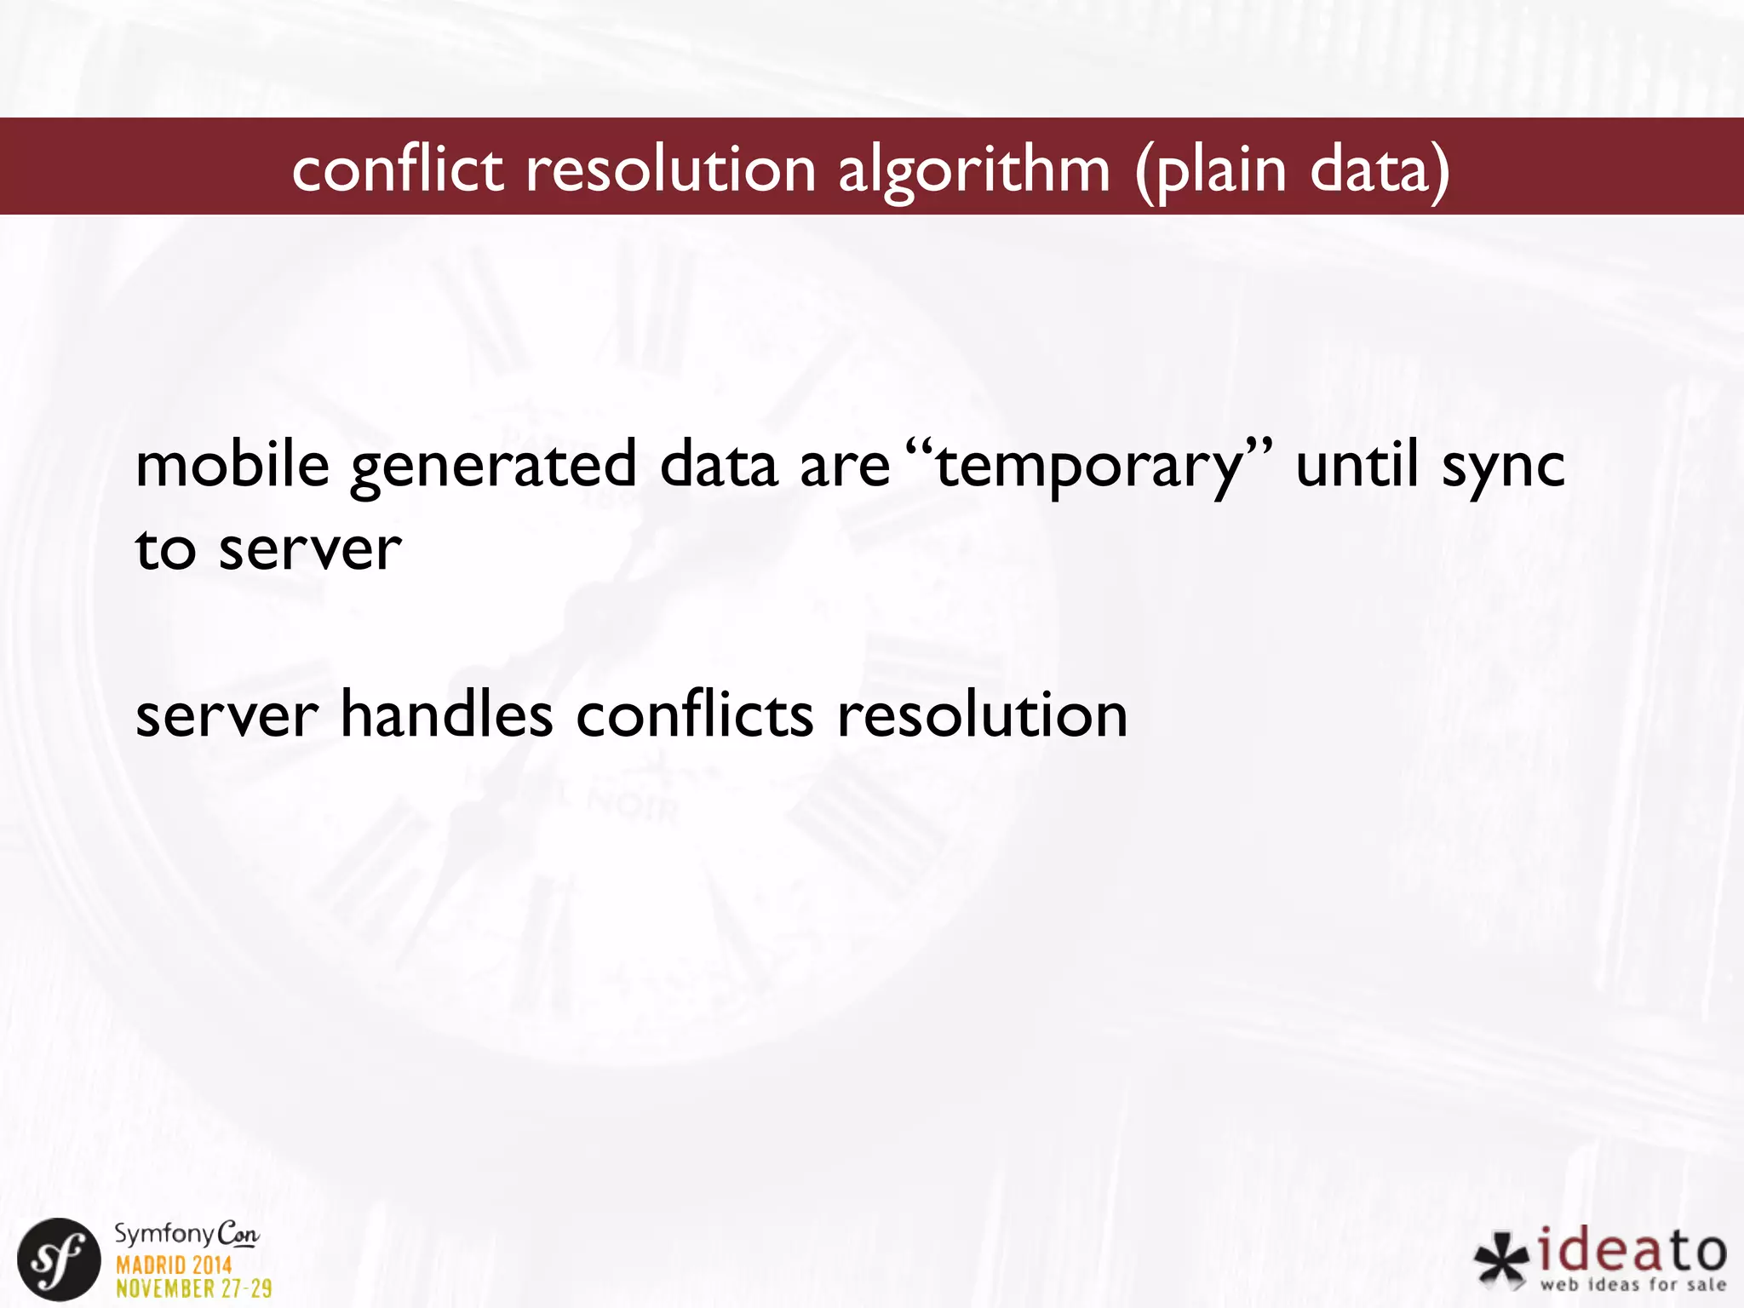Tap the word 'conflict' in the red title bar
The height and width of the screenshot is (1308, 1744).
(x=397, y=169)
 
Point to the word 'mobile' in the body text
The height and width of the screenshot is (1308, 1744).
(x=232, y=465)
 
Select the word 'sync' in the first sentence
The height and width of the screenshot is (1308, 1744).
(x=1503, y=467)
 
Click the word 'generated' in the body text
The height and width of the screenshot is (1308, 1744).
(x=493, y=467)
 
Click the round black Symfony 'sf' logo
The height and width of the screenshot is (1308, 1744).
(x=59, y=1259)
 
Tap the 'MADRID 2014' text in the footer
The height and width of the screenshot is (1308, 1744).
(x=174, y=1265)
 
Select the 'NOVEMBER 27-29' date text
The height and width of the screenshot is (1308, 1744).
(x=193, y=1288)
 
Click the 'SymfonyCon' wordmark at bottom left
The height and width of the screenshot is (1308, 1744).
(x=186, y=1234)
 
